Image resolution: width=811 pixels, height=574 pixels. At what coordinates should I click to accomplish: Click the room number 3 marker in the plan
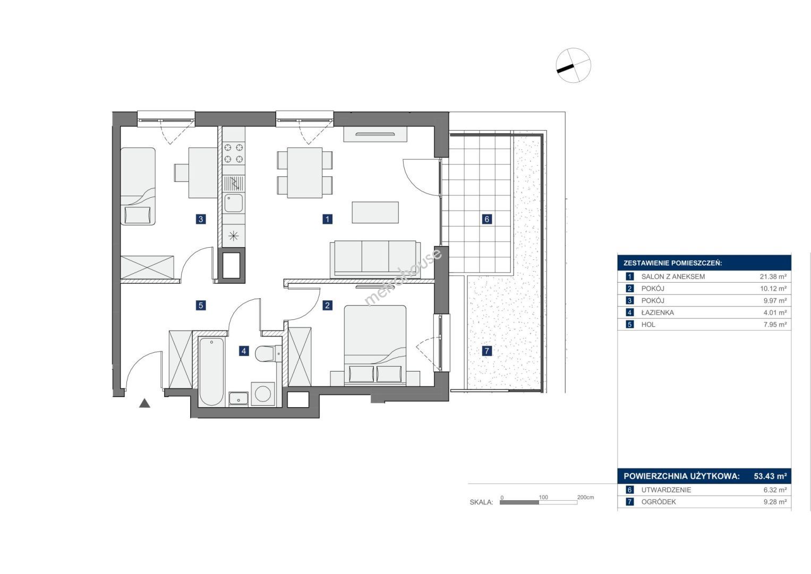[201, 219]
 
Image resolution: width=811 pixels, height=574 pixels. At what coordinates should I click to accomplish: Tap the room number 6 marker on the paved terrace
[486, 219]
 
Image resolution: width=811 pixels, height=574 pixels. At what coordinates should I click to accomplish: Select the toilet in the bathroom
[268, 353]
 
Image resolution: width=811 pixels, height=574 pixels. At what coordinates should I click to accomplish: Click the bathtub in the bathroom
[212, 372]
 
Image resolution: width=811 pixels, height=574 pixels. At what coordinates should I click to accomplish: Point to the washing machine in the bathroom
[263, 394]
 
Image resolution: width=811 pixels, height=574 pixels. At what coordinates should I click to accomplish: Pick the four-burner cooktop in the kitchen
[234, 153]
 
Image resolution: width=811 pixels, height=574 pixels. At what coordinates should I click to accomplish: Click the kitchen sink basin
[234, 203]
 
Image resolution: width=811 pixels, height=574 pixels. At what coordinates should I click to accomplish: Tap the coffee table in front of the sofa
[375, 213]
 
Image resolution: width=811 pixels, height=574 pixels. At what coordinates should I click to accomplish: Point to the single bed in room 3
[138, 186]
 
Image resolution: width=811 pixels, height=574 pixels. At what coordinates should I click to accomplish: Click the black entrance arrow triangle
[144, 403]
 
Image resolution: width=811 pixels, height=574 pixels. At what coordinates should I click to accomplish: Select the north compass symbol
[574, 65]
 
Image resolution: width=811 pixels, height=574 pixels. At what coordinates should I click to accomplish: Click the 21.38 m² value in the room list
[773, 276]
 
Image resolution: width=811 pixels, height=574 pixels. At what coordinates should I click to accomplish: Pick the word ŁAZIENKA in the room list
[658, 313]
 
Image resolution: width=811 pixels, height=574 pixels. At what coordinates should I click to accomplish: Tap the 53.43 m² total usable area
[770, 476]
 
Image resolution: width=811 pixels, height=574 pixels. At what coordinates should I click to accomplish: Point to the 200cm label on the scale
[585, 497]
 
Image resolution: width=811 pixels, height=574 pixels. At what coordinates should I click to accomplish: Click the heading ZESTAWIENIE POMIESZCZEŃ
[673, 263]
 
